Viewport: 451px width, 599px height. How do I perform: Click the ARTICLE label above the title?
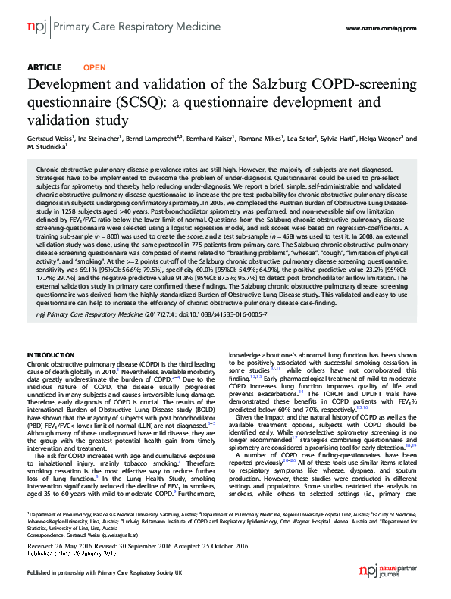coord(44,67)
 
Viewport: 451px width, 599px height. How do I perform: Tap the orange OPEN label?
coord(94,67)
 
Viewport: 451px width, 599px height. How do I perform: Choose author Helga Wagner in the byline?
coord(396,139)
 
